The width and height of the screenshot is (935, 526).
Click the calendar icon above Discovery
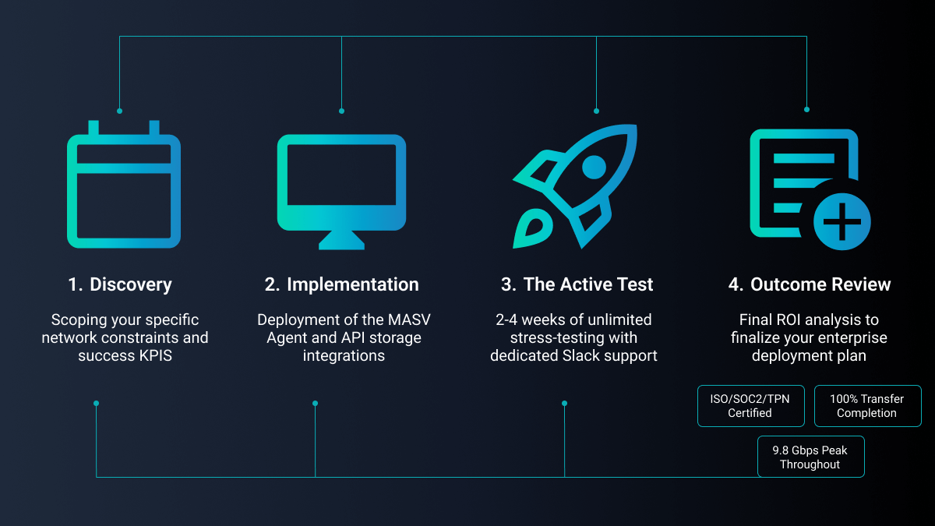click(123, 187)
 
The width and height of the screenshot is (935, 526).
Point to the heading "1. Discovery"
click(120, 284)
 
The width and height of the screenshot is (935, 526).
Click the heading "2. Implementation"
click(341, 284)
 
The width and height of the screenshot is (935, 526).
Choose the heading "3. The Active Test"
click(577, 284)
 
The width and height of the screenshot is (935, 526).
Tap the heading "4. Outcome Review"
click(809, 284)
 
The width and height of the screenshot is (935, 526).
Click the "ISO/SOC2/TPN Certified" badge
click(750, 406)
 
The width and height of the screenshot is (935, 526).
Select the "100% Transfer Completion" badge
click(867, 406)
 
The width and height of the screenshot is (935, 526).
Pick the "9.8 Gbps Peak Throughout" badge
click(810, 457)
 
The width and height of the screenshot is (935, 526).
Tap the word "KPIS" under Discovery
click(157, 355)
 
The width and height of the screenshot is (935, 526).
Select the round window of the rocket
click(594, 166)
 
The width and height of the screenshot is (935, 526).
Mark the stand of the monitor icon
click(341, 239)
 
